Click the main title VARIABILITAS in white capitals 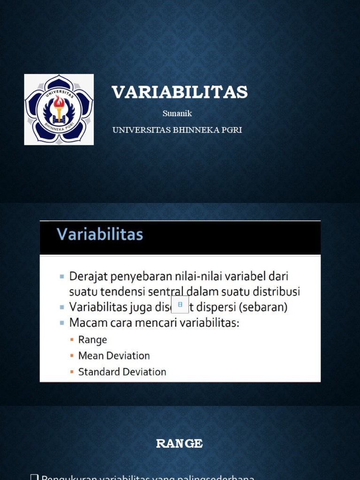point(180,92)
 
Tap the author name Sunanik point(177,113)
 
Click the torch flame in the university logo point(59,101)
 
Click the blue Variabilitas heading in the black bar point(100,234)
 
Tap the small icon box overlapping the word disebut point(180,304)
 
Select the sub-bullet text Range point(92,340)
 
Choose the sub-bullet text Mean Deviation point(114,356)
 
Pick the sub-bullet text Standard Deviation point(122,372)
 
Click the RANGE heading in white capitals point(180,444)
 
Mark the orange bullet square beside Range point(72,340)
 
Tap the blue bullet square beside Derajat point(62,277)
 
